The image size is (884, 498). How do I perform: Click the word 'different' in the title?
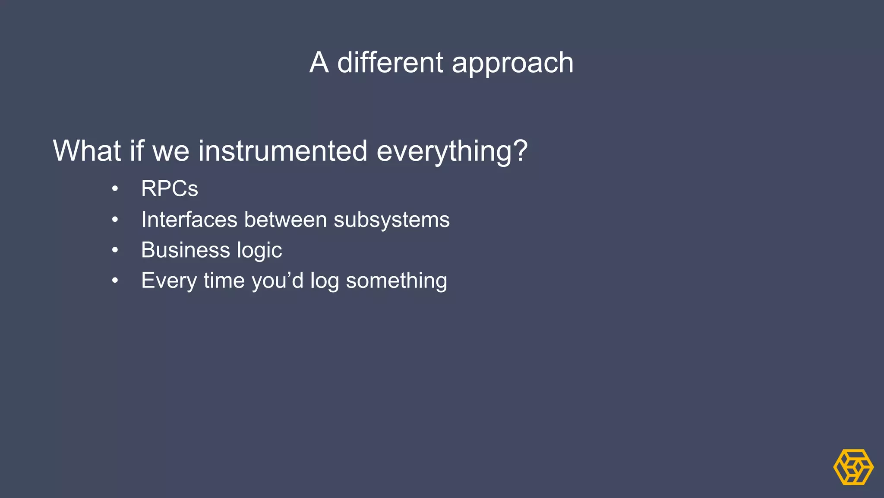390,62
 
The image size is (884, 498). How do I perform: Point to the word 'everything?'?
452,151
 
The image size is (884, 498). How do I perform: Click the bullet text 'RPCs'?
170,188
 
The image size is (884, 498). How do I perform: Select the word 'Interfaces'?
189,219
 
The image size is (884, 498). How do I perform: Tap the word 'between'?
285,219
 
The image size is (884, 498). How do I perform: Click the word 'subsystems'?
391,220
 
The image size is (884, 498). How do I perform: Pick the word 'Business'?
185,250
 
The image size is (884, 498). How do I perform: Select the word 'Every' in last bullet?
169,281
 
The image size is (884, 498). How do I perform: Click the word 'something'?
396,281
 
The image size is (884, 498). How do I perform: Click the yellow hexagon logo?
853,467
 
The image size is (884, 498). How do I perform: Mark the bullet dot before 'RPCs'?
115,189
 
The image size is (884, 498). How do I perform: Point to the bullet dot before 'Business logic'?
115,250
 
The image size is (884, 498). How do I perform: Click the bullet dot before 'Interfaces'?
115,220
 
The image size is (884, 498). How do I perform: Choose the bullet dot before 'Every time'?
115,281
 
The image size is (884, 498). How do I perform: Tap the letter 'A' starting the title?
319,62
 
